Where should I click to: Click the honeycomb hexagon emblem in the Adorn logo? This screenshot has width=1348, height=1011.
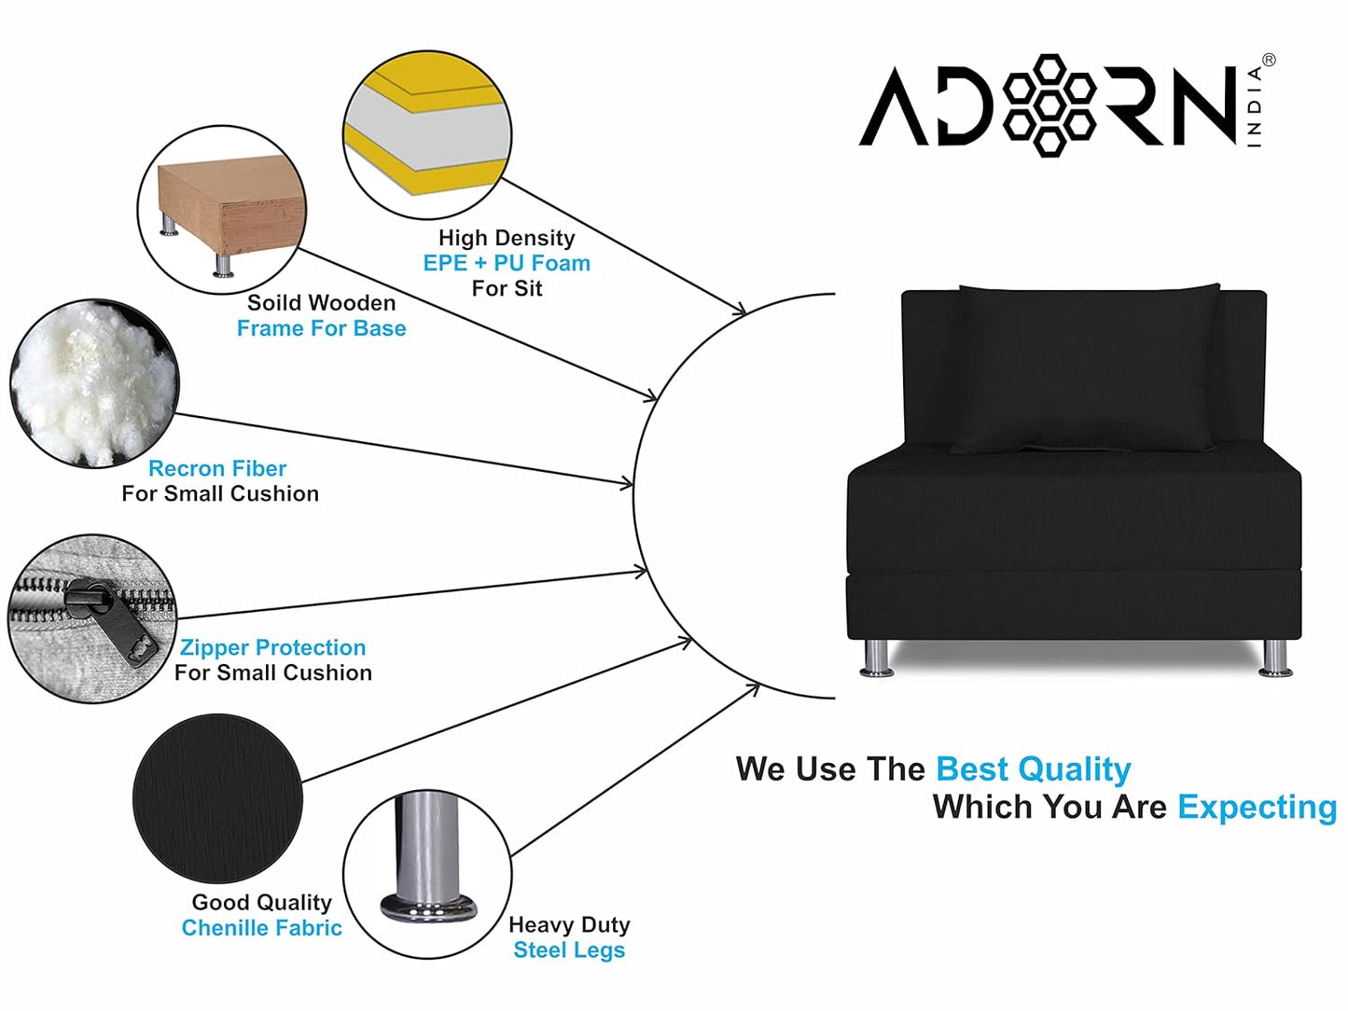click(x=1051, y=104)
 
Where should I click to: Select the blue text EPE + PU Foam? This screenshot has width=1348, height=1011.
click(x=507, y=263)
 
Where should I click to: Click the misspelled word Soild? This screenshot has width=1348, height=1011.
click(x=274, y=303)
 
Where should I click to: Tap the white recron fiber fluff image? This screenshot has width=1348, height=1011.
click(x=93, y=382)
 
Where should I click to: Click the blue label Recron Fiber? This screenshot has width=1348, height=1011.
click(x=217, y=468)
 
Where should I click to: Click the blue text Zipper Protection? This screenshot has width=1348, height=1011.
click(x=272, y=647)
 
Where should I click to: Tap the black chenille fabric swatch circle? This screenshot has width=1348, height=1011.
click(x=217, y=798)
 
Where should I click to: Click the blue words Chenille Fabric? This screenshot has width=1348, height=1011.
click(x=262, y=928)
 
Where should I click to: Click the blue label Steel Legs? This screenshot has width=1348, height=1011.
click(x=569, y=950)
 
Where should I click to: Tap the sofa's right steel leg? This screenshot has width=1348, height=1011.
click(x=1275, y=657)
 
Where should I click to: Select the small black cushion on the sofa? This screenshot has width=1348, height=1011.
click(x=1087, y=368)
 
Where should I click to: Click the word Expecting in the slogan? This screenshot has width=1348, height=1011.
click(x=1257, y=807)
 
